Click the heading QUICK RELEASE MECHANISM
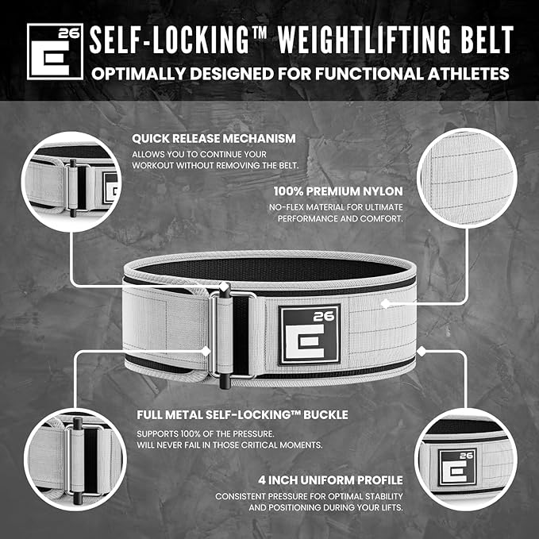coord(214,138)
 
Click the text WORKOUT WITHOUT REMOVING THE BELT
coord(214,165)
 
